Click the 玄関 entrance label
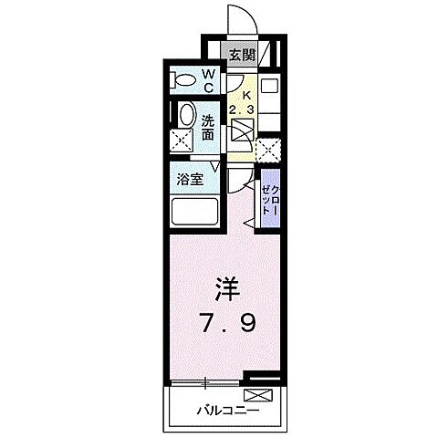(x=241, y=54)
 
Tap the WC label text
(x=209, y=80)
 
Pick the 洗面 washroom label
(x=209, y=126)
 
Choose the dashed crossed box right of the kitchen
(x=268, y=150)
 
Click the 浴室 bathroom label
(x=190, y=179)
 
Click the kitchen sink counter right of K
(x=271, y=95)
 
